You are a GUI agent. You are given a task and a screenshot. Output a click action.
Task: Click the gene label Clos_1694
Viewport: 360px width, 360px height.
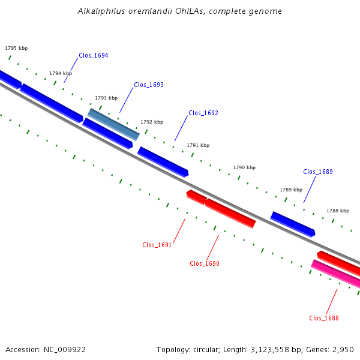point(94,55)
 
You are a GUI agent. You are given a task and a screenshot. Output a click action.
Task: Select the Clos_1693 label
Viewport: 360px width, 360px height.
point(149,85)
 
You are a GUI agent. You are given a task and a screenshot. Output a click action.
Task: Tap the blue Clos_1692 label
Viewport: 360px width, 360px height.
point(203,113)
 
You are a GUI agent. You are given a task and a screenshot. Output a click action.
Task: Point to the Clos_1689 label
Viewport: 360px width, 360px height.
point(318,172)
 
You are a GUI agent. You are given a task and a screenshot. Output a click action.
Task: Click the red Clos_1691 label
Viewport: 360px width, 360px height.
point(157,245)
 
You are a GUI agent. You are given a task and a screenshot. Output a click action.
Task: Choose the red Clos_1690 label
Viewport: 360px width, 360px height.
point(205,263)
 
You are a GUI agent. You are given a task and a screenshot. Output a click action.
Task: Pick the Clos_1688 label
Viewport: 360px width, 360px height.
point(324,318)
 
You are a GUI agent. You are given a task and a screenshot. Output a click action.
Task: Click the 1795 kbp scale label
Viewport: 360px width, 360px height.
point(16,48)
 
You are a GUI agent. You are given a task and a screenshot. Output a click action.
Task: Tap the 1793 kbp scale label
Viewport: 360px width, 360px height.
point(106,98)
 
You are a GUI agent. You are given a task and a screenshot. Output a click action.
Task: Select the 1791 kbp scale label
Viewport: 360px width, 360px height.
point(198,145)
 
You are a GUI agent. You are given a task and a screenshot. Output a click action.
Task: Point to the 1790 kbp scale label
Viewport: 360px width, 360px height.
point(244,167)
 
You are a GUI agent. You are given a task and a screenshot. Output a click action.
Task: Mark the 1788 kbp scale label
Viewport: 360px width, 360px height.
point(338,211)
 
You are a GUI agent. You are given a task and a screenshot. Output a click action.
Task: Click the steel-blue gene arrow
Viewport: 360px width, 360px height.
point(113,124)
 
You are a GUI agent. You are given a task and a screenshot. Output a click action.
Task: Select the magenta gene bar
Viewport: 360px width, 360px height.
point(335,274)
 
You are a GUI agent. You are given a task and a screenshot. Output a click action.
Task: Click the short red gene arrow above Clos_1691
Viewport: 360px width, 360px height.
point(197,197)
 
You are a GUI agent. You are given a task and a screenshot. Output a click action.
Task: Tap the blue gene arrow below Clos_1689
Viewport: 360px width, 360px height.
point(293,224)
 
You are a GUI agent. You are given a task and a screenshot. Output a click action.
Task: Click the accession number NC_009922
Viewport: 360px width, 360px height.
point(65,350)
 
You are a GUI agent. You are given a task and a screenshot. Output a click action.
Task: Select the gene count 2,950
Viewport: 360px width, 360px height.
point(343,350)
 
